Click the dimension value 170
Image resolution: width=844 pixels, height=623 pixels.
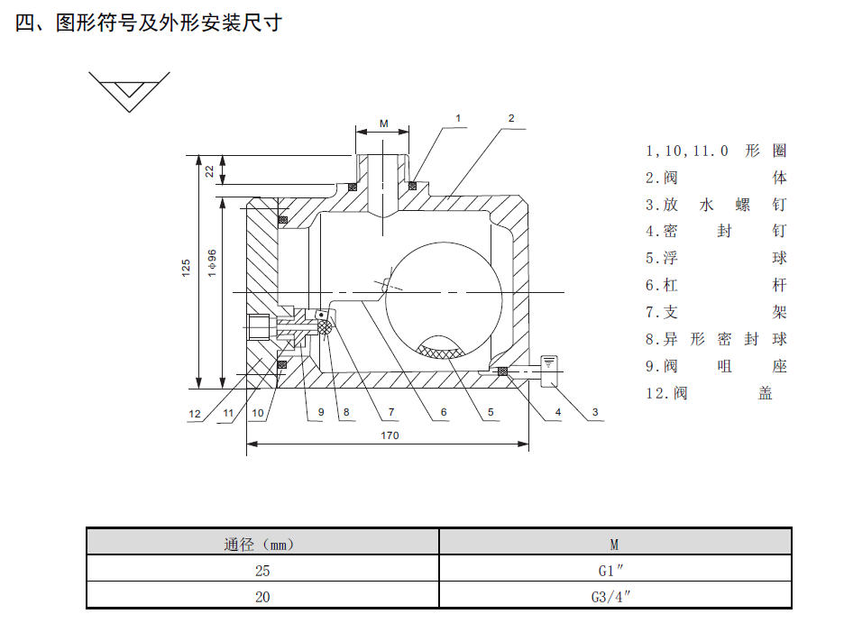point(390,435)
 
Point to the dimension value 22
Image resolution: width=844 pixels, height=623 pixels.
point(209,170)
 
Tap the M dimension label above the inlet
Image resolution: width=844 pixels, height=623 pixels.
point(384,124)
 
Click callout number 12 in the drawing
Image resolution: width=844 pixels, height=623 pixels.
point(195,413)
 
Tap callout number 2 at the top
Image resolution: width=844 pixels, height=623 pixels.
point(510,118)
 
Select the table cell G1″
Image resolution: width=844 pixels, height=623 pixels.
point(614,570)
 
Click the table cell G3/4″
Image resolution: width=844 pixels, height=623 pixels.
point(614,596)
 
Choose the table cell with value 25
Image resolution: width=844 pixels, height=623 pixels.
point(262,570)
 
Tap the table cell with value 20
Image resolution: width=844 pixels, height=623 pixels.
point(262,596)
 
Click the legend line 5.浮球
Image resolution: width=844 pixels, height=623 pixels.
point(716,258)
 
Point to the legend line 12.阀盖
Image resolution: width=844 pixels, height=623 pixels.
point(710,393)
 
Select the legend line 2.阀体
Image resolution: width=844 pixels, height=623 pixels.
point(716,178)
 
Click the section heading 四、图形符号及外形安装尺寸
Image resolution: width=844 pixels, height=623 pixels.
point(149,23)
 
